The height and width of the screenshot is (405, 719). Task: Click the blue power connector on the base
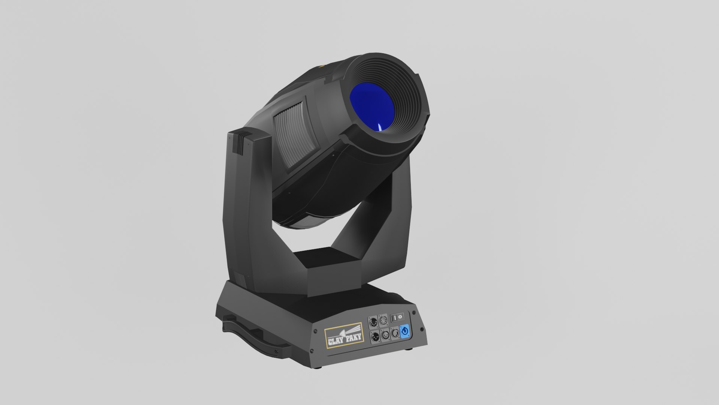[404, 331]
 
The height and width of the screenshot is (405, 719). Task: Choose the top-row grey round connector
[383, 321]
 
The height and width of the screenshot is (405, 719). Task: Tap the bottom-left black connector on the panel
[374, 336]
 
